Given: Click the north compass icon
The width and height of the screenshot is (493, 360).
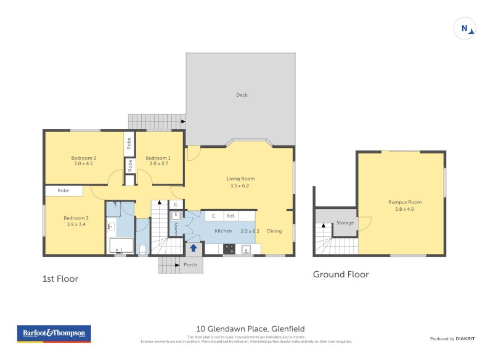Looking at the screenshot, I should coord(465,28).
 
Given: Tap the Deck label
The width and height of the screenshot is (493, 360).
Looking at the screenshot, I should coord(242,95).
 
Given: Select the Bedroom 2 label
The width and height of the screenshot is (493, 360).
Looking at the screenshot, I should coord(83,158).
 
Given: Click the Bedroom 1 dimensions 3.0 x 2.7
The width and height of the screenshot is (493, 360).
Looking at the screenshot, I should coord(157,164).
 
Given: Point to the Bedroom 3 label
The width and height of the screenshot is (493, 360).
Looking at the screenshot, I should coord(76,218).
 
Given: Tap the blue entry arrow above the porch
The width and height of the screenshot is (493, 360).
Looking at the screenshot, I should coord(194,248).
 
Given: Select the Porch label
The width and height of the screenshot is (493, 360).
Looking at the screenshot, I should coord(190,265).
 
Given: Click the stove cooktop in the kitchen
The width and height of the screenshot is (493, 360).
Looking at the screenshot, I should coord(229,249).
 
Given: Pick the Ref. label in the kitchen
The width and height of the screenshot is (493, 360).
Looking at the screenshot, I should coord(230,216).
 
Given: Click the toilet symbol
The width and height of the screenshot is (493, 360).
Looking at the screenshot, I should coord(142,250).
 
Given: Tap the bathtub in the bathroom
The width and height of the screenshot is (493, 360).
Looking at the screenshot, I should coord(121,246).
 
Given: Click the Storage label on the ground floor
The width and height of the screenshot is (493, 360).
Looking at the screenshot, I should coord(344,223).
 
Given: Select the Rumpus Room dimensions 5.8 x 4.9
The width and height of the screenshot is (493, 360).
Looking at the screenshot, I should coord(405,209).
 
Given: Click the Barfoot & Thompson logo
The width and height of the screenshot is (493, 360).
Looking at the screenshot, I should coord(54,333).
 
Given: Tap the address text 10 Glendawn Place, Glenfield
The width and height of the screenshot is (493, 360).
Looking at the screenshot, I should coord(250,329).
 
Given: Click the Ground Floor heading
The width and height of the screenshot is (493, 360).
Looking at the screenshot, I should coord(341,274).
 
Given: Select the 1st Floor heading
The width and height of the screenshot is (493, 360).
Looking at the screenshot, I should coord(60,279).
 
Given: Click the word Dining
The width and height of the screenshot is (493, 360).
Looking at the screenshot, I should coord(274,231).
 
